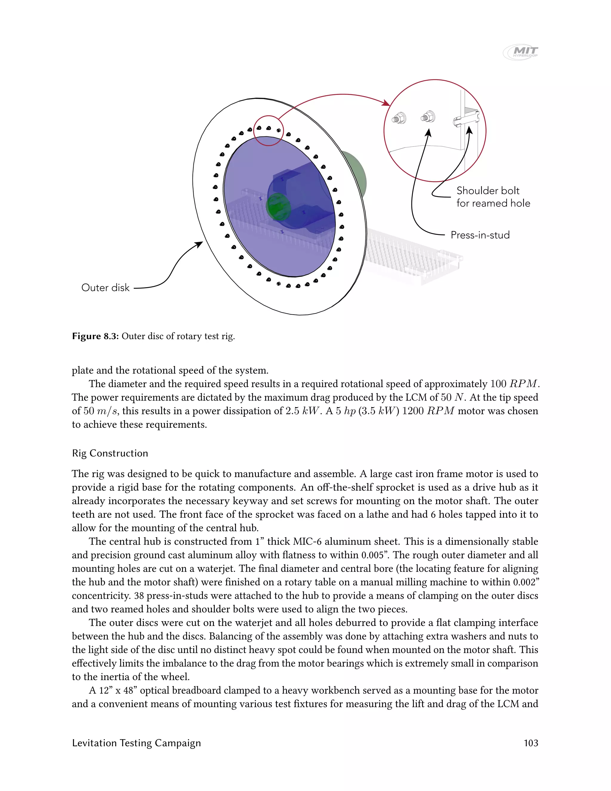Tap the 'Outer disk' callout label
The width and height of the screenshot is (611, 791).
(105, 287)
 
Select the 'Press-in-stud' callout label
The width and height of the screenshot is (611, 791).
(480, 235)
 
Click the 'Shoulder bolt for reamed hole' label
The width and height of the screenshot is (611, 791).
(493, 197)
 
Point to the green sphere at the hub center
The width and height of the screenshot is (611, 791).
(278, 207)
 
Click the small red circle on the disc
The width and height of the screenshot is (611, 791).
(268, 130)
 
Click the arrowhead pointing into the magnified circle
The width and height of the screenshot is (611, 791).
(387, 104)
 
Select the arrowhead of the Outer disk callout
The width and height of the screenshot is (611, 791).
(200, 244)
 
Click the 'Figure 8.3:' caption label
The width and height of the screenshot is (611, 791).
(95, 336)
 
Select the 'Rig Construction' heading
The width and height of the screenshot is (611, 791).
(110, 453)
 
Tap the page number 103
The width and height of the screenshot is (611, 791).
(531, 743)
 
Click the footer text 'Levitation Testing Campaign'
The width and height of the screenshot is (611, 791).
(136, 743)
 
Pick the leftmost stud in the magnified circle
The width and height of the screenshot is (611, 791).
(399, 119)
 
